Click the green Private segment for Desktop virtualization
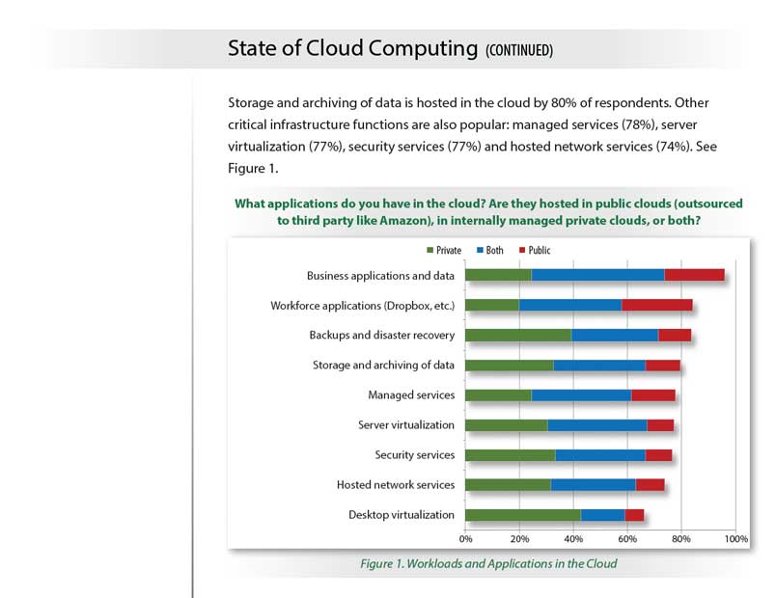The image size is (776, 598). (x=522, y=515)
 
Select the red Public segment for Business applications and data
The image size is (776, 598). (x=694, y=275)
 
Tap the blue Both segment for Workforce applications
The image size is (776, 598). (x=569, y=306)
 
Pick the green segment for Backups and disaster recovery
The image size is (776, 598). (x=517, y=336)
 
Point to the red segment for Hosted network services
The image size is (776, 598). (x=650, y=485)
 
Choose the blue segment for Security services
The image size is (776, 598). (x=599, y=455)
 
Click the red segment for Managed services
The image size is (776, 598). (x=652, y=395)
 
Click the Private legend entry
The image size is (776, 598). (x=443, y=251)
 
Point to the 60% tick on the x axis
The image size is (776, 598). (x=627, y=537)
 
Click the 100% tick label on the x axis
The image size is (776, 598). (x=735, y=537)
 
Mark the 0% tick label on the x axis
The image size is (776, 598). (x=465, y=537)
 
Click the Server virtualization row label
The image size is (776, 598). (x=405, y=425)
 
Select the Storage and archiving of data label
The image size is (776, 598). (x=383, y=366)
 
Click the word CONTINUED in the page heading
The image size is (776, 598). (x=519, y=50)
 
